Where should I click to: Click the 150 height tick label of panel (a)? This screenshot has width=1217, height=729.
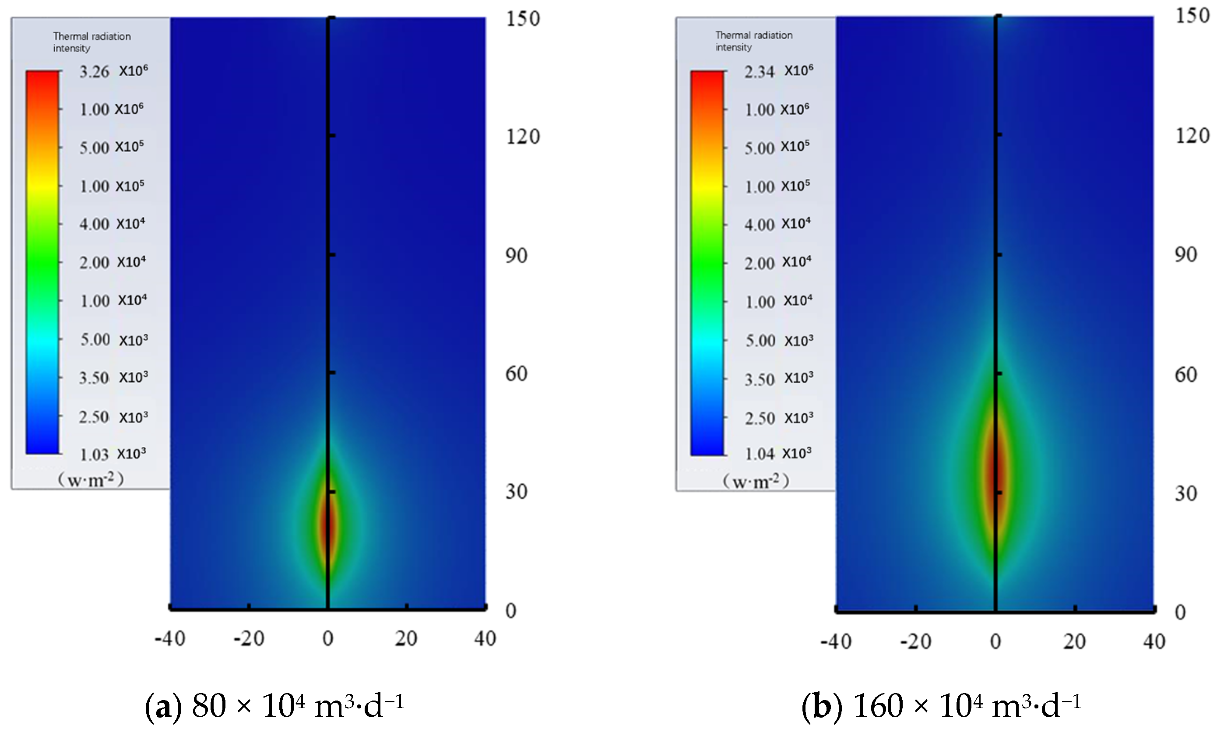[x=523, y=19]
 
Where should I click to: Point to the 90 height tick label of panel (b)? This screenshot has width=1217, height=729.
[x=1185, y=254]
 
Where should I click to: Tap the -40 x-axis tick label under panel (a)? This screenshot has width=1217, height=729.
[x=170, y=639]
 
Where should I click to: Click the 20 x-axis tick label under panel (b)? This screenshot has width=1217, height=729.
[x=1075, y=641]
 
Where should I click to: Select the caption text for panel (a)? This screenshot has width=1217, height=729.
[x=274, y=706]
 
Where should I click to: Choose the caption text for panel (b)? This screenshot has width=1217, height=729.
[x=941, y=706]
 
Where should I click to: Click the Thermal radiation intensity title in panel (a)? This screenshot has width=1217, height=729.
[x=92, y=42]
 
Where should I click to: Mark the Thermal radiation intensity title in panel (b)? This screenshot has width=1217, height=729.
[x=754, y=41]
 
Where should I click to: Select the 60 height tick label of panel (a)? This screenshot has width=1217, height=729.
[x=516, y=374]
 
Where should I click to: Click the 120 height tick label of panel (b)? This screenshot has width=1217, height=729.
[x=1192, y=136]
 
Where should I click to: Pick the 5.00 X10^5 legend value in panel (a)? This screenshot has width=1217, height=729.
[x=112, y=148]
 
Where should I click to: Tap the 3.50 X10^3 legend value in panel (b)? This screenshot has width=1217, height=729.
[x=778, y=379]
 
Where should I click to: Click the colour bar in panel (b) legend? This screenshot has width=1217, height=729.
[x=707, y=263]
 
